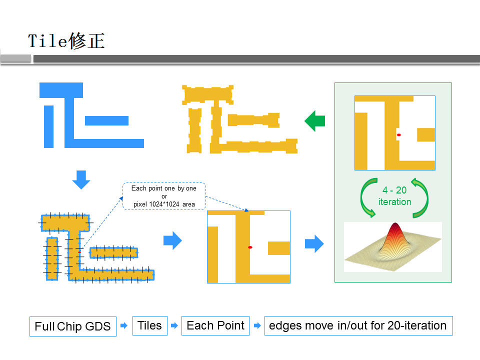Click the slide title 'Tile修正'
pyautogui.click(x=66, y=40)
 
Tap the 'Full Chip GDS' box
pyautogui.click(x=73, y=326)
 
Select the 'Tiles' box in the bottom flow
pyautogui.click(x=149, y=325)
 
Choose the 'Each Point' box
pyautogui.click(x=215, y=325)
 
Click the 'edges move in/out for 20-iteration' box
pyautogui.click(x=358, y=325)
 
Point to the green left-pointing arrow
pyautogui.click(x=314, y=121)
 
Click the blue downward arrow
pyautogui.click(x=81, y=180)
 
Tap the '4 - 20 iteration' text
pyautogui.click(x=394, y=196)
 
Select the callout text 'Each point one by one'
pyautogui.click(x=164, y=188)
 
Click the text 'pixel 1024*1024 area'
pyautogui.click(x=164, y=204)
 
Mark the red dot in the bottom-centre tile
pyautogui.click(x=250, y=247)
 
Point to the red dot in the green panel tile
pyautogui.click(x=399, y=135)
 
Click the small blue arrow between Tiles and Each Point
pyautogui.click(x=174, y=325)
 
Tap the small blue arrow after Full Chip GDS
pyautogui.click(x=124, y=325)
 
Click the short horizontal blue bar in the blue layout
pyautogui.click(x=106, y=120)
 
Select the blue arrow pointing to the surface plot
pyautogui.click(x=314, y=243)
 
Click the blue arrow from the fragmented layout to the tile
pyautogui.click(x=172, y=240)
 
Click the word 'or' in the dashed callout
pyautogui.click(x=164, y=196)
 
